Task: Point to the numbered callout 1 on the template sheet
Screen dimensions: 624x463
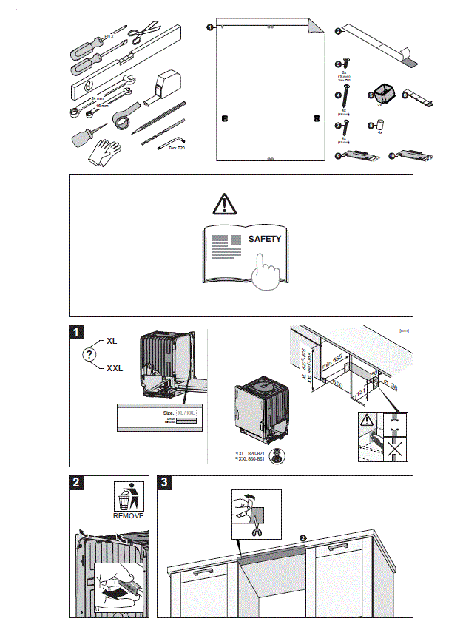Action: pos(211,27)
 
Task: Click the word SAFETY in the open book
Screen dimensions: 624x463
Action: pos(265,239)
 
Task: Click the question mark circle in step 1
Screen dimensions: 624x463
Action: pos(89,356)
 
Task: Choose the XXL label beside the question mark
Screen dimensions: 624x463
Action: pos(115,367)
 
